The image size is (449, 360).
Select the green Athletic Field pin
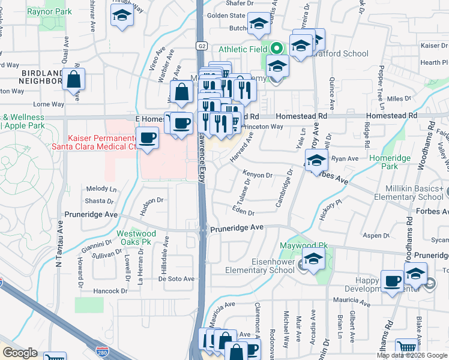(x=276, y=49)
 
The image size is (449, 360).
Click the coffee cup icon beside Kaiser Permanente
(x=147, y=139)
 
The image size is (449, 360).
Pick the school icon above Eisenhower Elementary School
(x=313, y=259)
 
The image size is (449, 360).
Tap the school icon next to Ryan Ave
(x=316, y=160)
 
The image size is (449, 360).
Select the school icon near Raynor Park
(x=122, y=17)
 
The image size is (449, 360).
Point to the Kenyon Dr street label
(x=258, y=174)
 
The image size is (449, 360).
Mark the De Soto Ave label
(x=176, y=279)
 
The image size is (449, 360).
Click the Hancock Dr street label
(x=110, y=291)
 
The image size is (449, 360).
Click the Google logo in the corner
(x=20, y=353)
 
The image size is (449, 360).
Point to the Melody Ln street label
(x=101, y=188)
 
